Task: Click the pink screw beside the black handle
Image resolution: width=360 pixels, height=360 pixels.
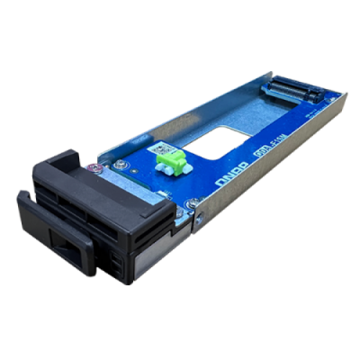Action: [93, 167]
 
